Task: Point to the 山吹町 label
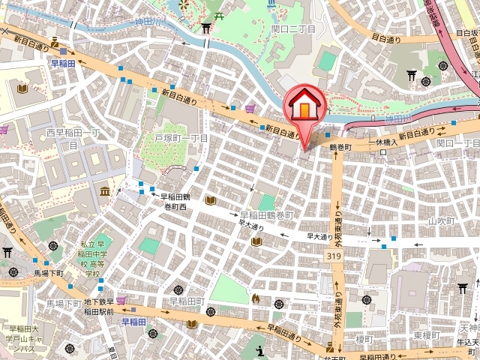442,221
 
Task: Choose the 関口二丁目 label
292,28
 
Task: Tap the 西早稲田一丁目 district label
73,138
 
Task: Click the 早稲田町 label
186,301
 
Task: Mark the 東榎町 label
430,335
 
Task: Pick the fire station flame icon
255,298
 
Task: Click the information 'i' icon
259,350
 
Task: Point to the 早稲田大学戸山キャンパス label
30,339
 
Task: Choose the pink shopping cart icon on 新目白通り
250,109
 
